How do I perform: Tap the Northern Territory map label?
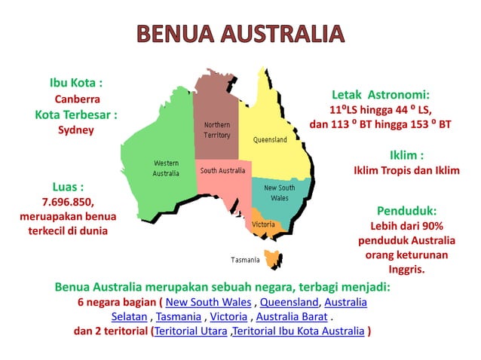(x=217, y=130)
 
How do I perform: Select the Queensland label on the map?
(x=269, y=140)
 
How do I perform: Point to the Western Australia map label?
(x=166, y=168)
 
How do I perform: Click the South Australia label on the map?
(x=222, y=171)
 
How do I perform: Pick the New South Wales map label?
(x=279, y=193)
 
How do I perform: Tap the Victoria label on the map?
(x=263, y=224)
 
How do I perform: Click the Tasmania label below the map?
(x=245, y=260)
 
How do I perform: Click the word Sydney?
(x=75, y=130)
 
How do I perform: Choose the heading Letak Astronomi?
(x=381, y=95)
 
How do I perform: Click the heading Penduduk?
(x=406, y=211)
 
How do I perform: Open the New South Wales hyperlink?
(x=208, y=303)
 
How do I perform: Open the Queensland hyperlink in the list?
(x=290, y=303)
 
